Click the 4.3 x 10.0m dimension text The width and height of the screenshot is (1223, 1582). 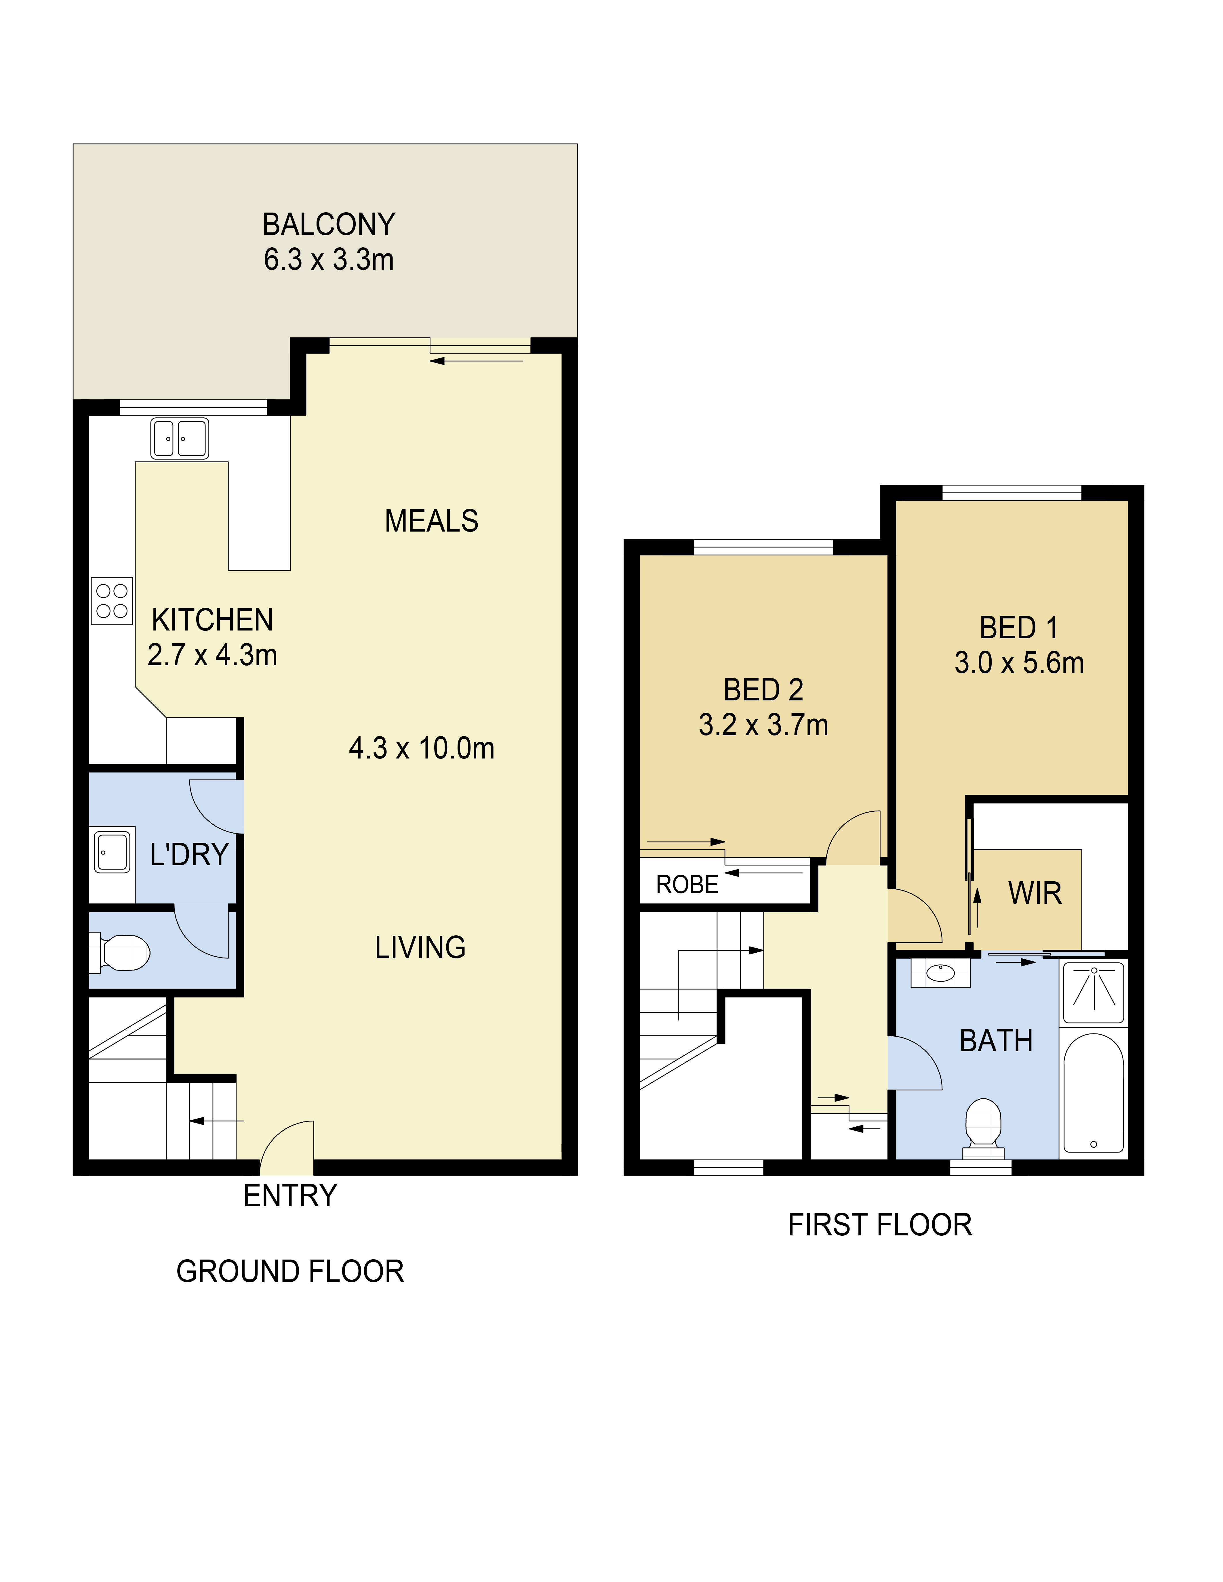tap(422, 748)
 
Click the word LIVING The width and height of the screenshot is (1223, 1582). tap(420, 947)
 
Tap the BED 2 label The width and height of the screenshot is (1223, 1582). tap(764, 690)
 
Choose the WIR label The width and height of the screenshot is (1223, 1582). tap(1035, 893)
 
